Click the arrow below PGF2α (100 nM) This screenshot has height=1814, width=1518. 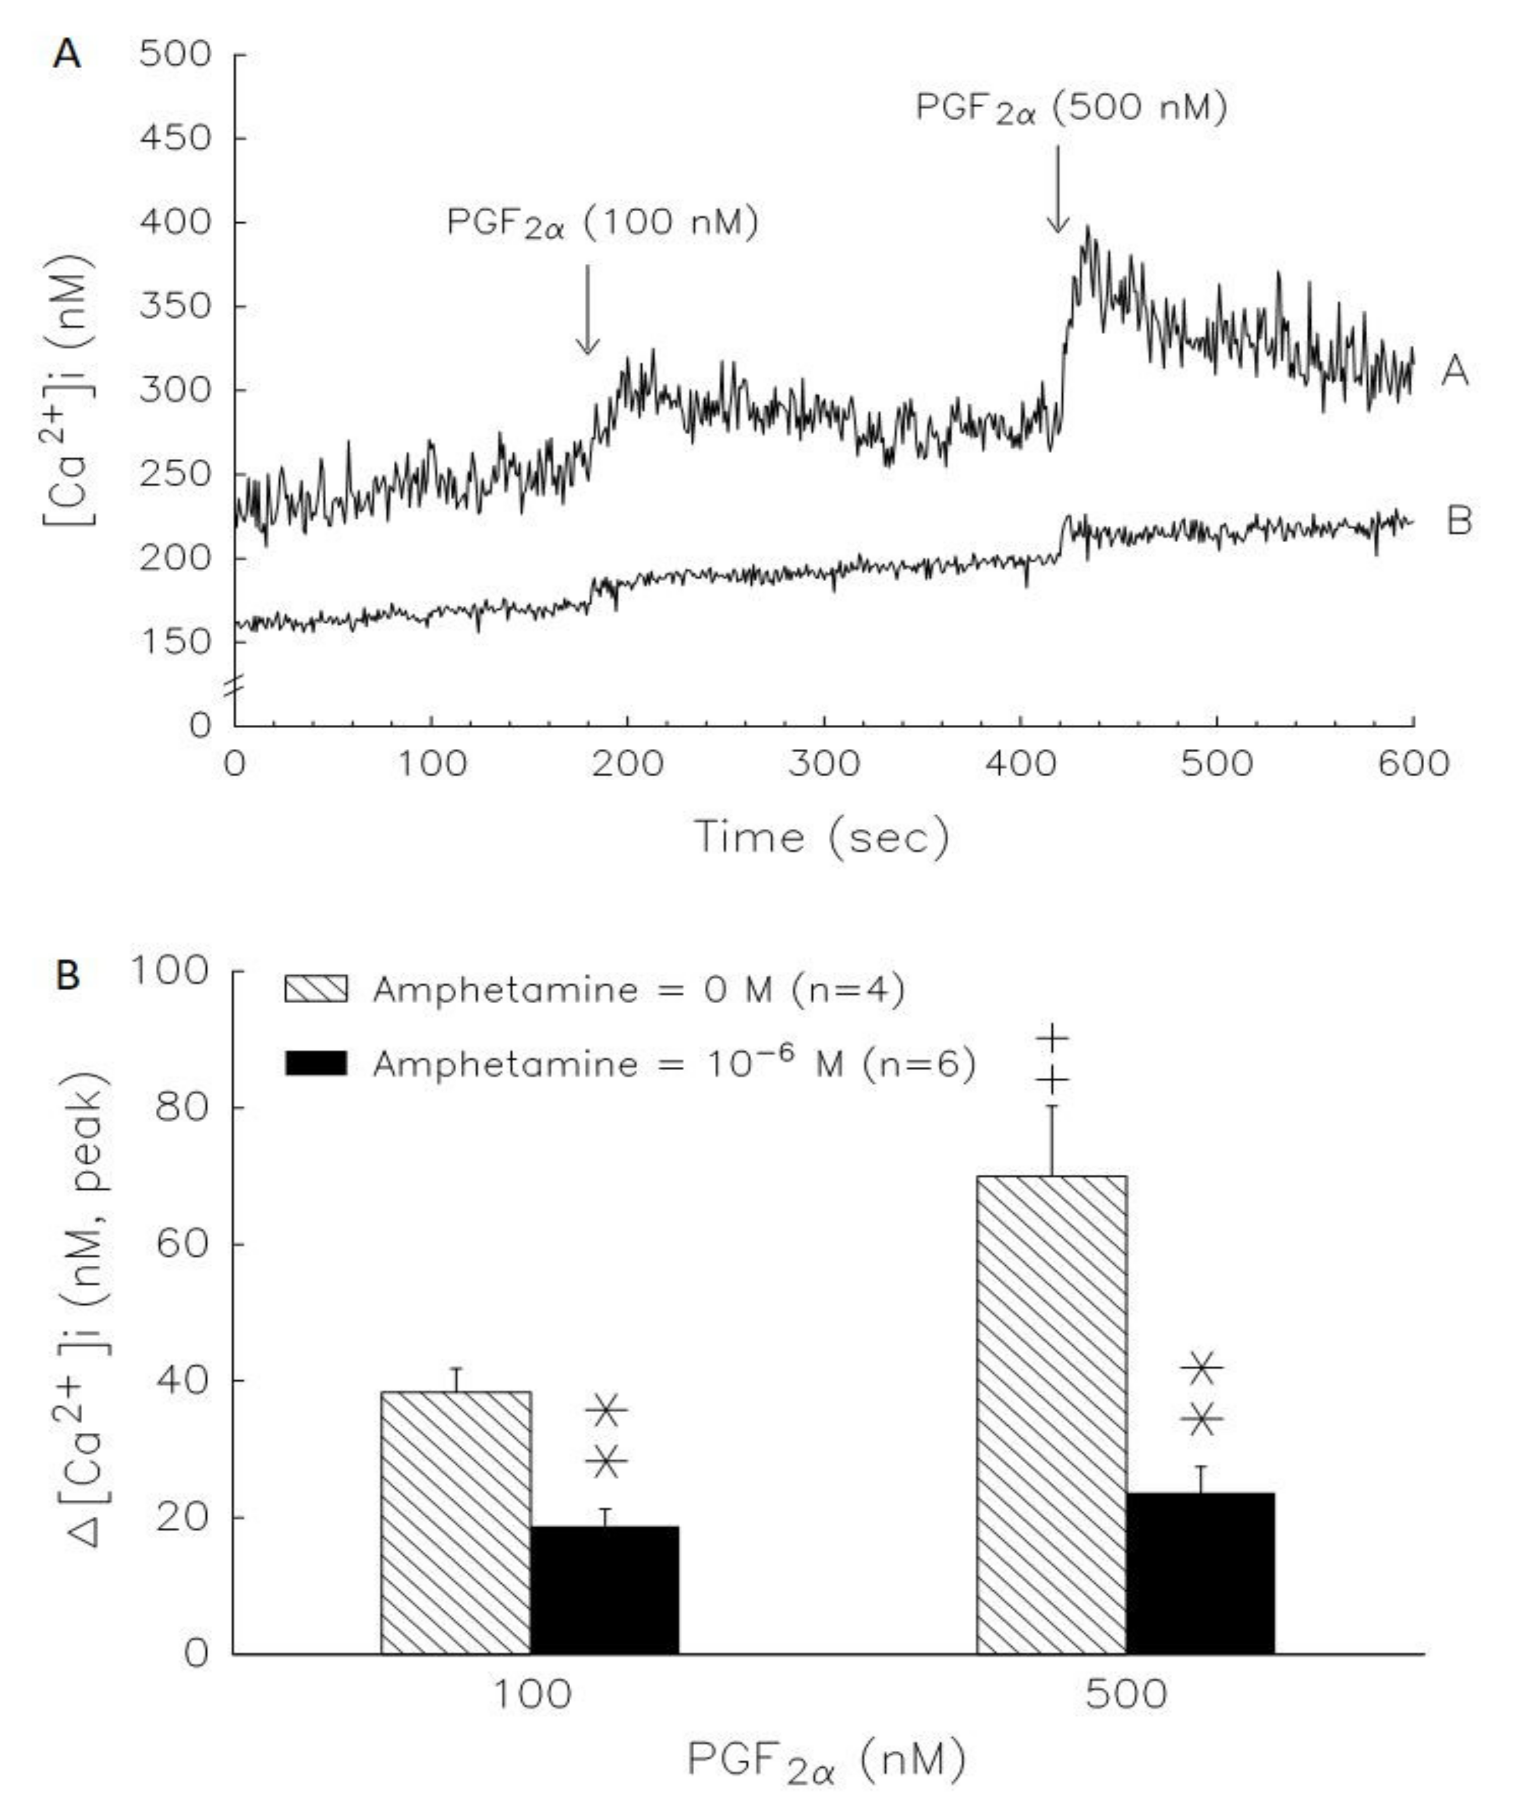(x=587, y=311)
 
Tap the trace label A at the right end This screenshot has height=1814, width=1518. (x=1454, y=372)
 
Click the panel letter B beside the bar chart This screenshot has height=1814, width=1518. (x=68, y=977)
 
